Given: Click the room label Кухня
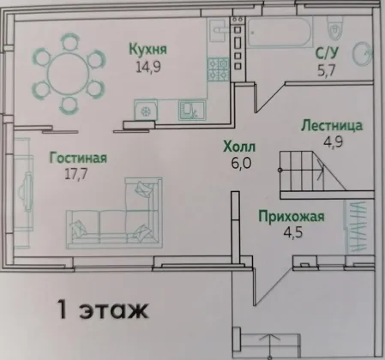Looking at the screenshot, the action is coord(147,49).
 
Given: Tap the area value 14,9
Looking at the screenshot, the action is coord(148,67).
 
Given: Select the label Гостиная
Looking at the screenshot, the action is coord(78,158).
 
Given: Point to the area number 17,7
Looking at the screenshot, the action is coord(76,174).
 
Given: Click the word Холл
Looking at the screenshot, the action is coord(239,147).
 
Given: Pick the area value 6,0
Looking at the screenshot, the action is coord(241,164).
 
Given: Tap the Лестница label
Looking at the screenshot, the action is coord(332,126).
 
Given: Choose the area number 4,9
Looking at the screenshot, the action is coord(333,141).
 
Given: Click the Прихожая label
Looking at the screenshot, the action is coord(292,216).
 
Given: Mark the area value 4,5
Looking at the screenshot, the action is coord(293,232).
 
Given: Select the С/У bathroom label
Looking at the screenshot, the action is coord(327,53).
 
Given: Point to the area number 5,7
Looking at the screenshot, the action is coord(326,70).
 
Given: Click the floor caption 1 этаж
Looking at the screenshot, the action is coord(103,309).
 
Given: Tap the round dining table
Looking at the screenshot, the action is coord(69,73).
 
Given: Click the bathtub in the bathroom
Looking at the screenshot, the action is coord(279,33).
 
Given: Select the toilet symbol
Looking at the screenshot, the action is coord(335,27).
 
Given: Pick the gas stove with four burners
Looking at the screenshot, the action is coord(219,69).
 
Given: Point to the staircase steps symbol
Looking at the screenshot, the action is coord(312,171).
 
